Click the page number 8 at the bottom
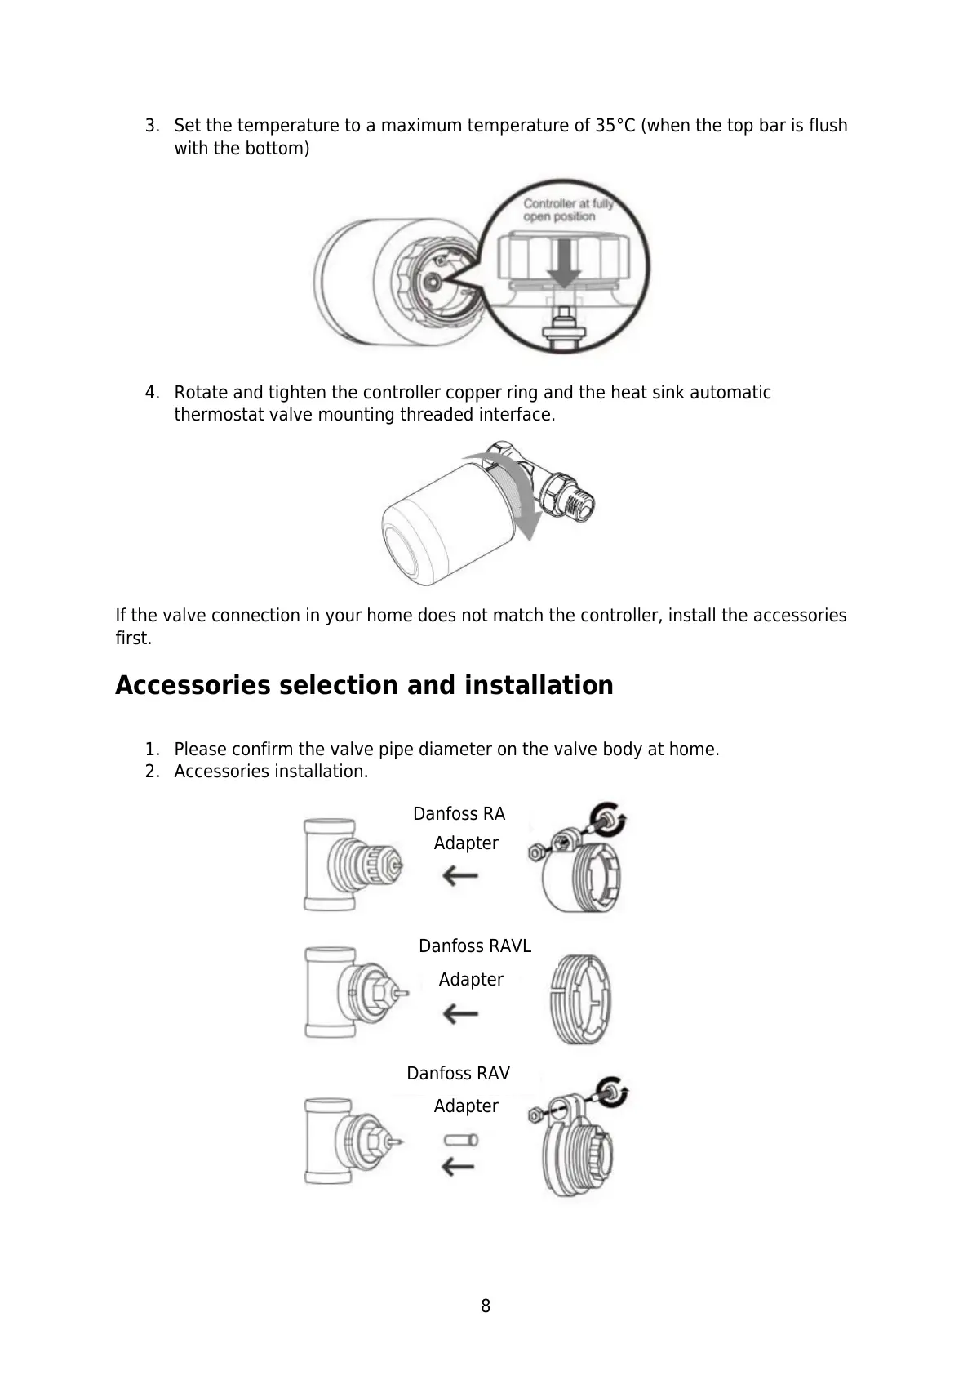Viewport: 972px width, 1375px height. tap(486, 1306)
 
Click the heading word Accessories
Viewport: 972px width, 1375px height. tap(193, 685)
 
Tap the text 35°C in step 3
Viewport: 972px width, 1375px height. tap(615, 126)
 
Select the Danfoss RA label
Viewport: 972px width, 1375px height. tap(459, 814)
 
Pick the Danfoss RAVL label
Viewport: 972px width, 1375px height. tap(474, 946)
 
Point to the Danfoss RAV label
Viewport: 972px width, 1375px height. tap(458, 1073)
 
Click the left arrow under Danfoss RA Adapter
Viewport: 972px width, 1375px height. tap(460, 877)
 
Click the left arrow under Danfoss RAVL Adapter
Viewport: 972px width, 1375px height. tap(460, 1014)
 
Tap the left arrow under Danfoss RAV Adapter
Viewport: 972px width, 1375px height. tap(459, 1165)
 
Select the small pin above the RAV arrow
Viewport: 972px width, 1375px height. tap(460, 1140)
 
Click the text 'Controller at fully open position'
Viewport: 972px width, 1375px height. tap(567, 210)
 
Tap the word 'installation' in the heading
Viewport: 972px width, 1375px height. tap(539, 685)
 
